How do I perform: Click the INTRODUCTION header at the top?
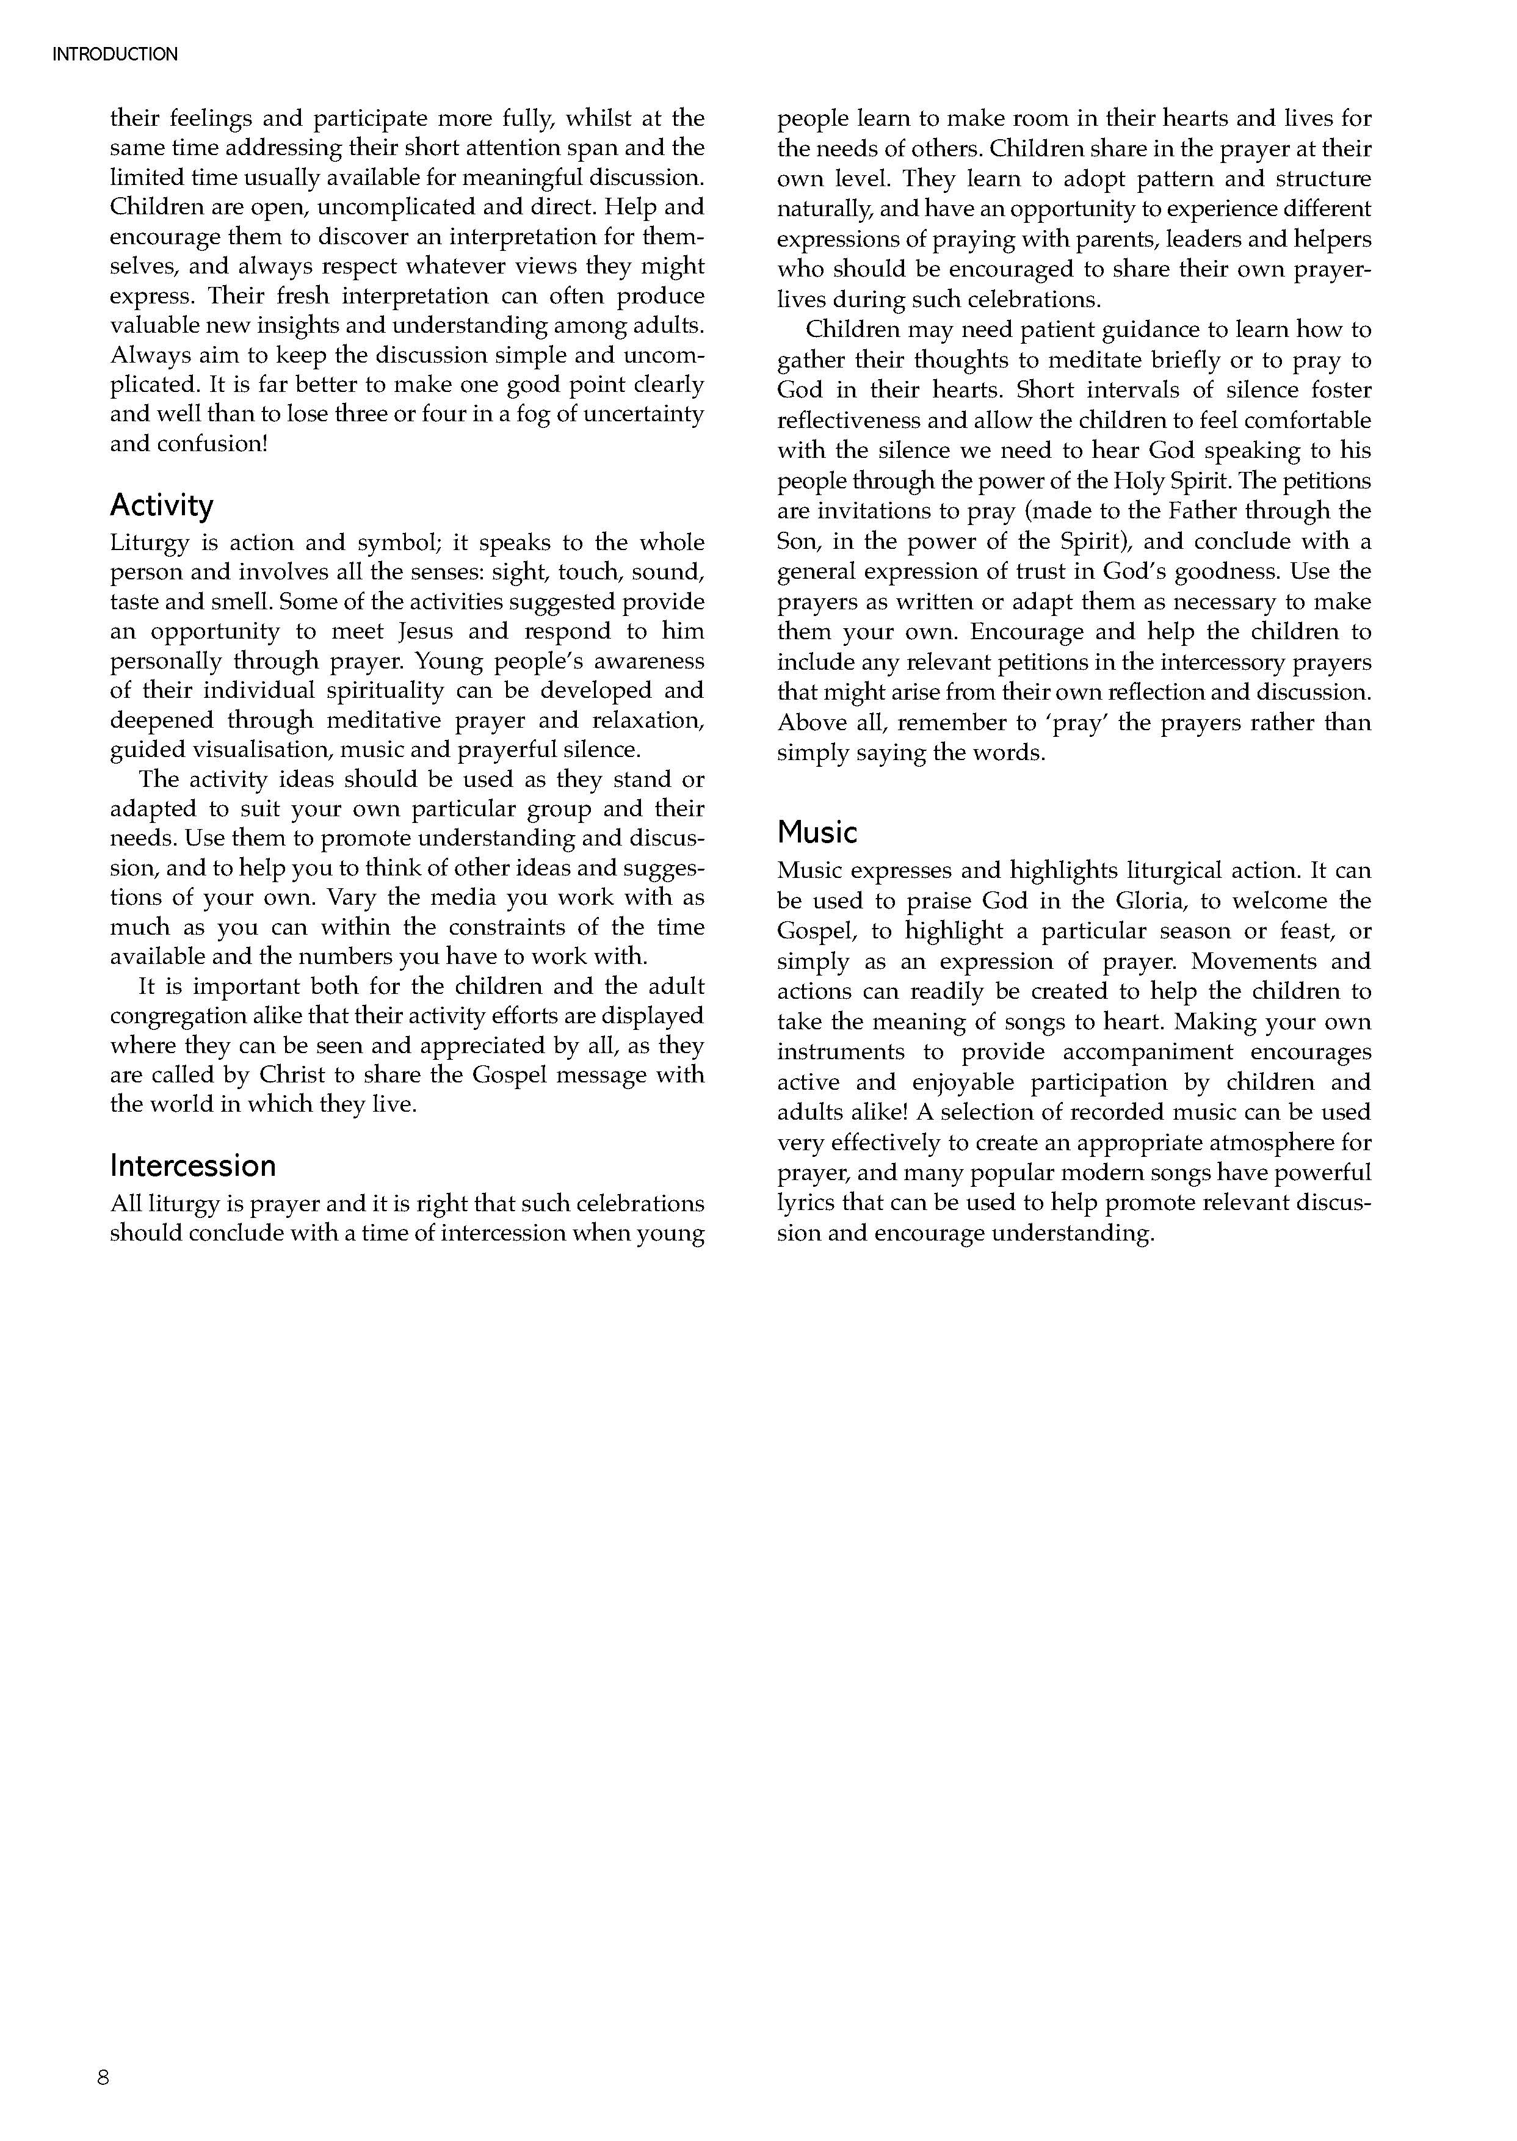[x=115, y=54]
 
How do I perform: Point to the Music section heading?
[x=816, y=832]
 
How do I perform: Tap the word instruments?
[x=841, y=1052]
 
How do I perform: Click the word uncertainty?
[x=641, y=414]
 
